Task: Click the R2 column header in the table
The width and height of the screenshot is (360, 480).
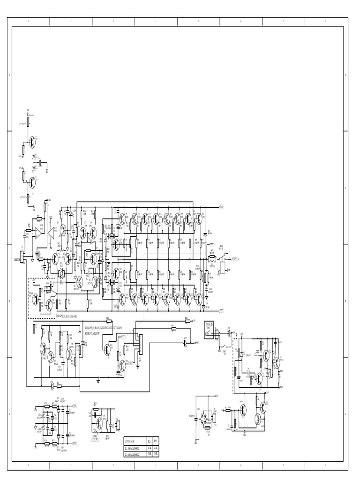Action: [149, 441]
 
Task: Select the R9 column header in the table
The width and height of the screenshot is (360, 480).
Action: [157, 441]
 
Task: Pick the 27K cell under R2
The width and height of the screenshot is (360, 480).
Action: [149, 448]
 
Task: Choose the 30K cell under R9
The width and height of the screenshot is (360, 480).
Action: [157, 455]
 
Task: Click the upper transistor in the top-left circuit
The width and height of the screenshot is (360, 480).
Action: [31, 141]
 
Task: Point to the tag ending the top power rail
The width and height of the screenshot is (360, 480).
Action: [221, 207]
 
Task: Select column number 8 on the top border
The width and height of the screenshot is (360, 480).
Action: [326, 21]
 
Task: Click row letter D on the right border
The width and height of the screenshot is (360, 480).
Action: [345, 75]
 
